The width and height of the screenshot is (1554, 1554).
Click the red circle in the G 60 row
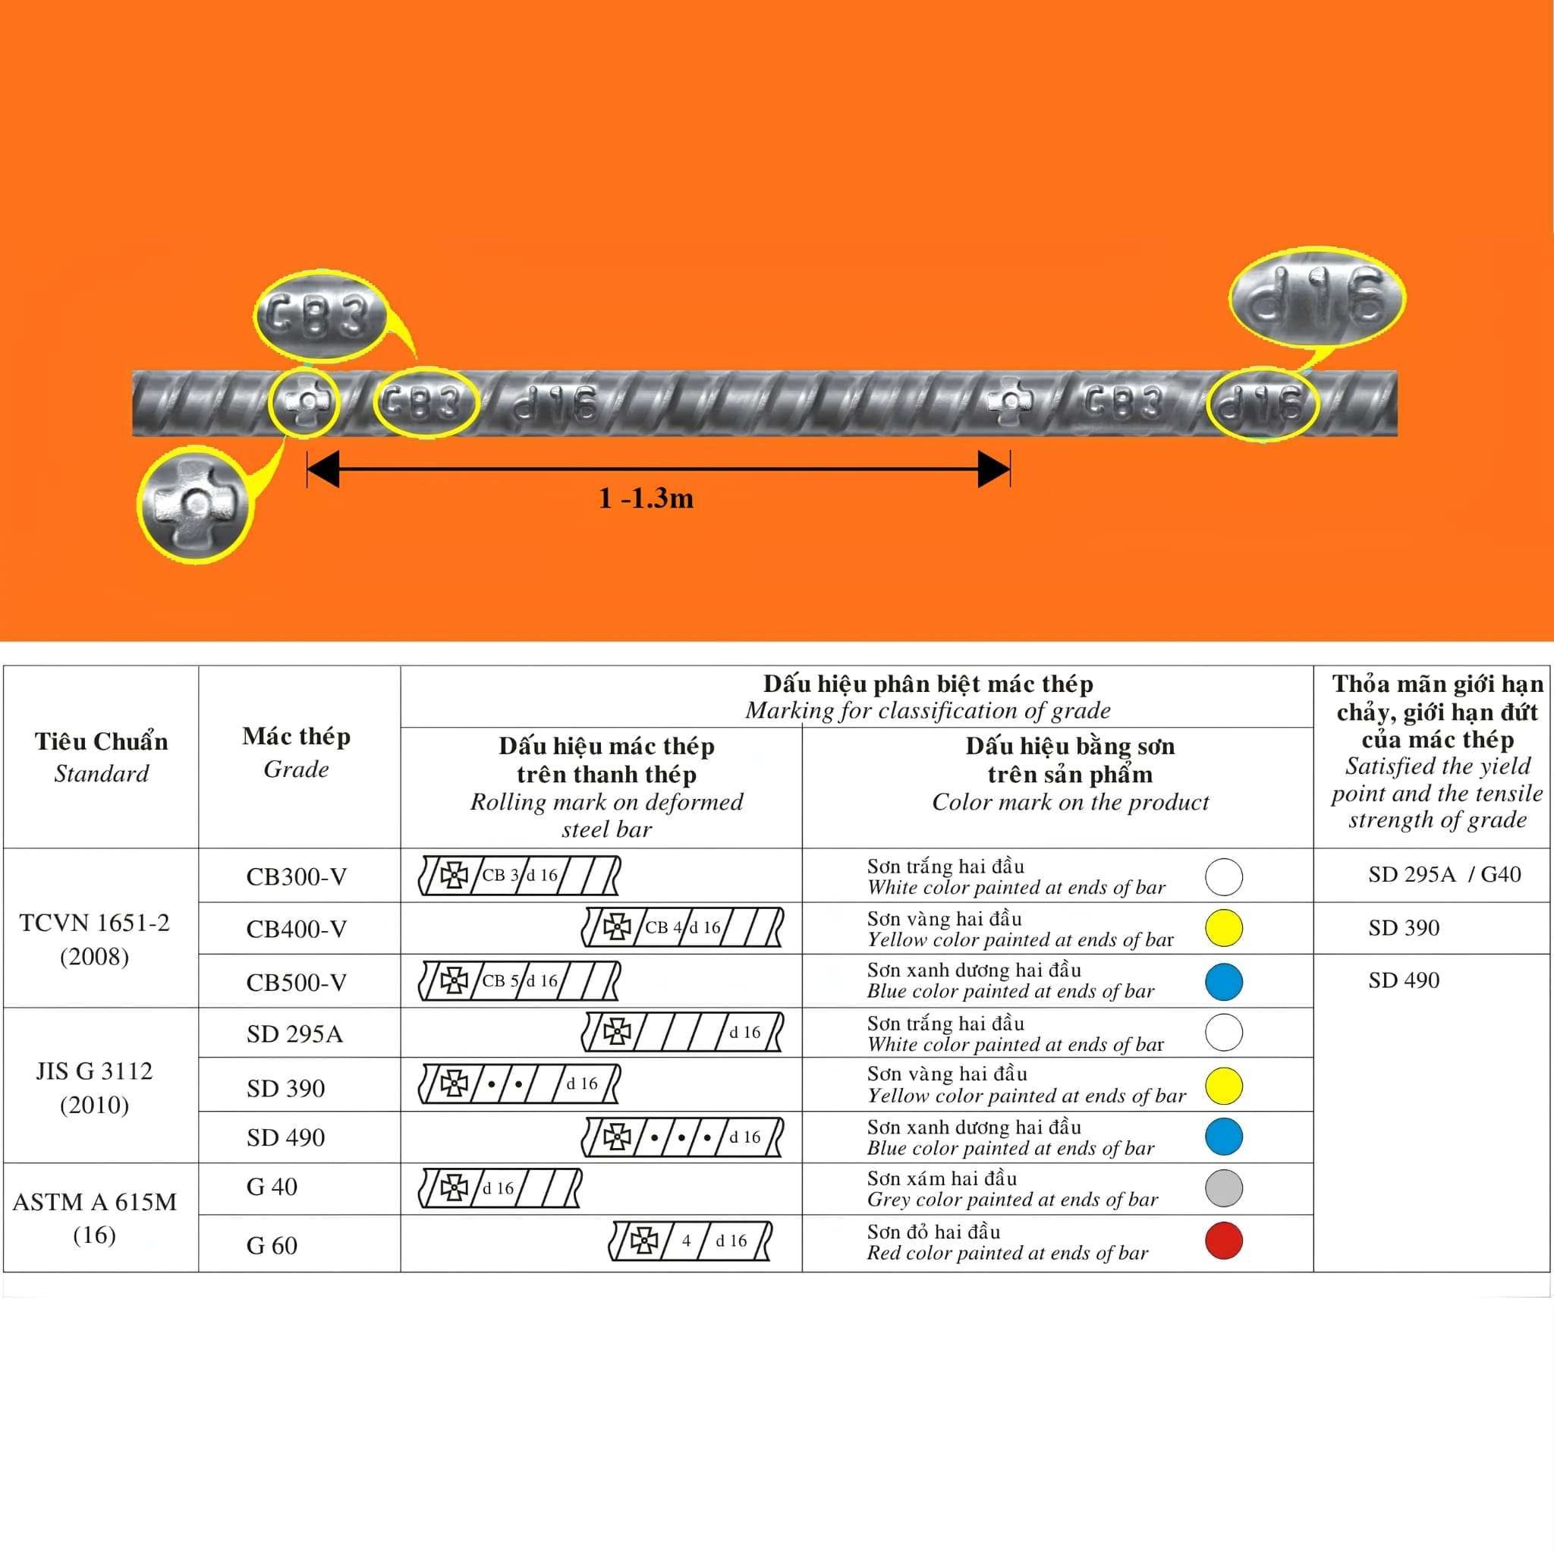click(1223, 1241)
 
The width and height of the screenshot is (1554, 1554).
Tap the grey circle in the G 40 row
click(1223, 1188)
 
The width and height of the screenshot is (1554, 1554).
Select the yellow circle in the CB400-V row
click(1223, 927)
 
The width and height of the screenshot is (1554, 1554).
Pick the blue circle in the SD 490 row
click(1223, 1136)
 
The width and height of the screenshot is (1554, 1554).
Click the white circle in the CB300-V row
click(1223, 876)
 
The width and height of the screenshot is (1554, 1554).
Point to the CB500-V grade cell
click(296, 982)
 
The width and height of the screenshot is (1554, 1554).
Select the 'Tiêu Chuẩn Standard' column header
click(102, 757)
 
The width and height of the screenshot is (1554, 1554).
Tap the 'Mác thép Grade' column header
click(296, 752)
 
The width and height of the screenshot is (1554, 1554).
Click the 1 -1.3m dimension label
click(646, 499)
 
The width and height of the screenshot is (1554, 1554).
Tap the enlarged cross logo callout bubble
click(195, 505)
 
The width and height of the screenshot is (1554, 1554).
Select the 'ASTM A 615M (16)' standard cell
click(95, 1218)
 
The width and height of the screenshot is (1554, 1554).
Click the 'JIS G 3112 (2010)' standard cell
click(94, 1087)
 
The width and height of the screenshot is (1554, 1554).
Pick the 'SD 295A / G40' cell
click(1445, 874)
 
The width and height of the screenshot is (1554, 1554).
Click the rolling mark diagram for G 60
click(691, 1241)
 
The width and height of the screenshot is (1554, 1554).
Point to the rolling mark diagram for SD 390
click(520, 1084)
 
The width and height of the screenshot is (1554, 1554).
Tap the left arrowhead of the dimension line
click(323, 469)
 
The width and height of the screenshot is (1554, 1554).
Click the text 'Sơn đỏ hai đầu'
click(933, 1232)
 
